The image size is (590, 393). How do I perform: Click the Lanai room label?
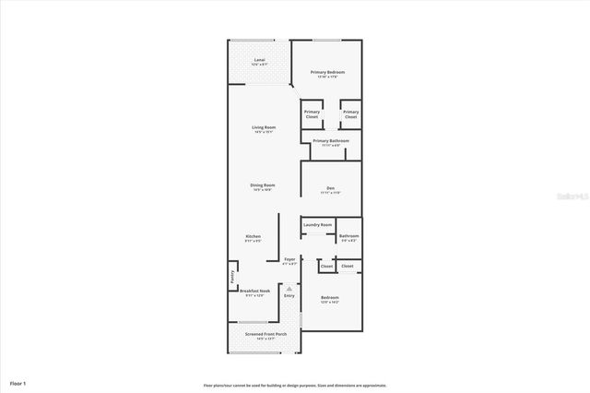click(260, 59)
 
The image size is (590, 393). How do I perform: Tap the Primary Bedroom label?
click(326, 72)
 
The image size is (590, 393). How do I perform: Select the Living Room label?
click(265, 127)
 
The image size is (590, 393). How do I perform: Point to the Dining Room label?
click(263, 185)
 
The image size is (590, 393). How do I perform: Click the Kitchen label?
click(254, 236)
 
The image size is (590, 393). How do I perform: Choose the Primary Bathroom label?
click(331, 141)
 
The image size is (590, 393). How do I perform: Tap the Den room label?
click(330, 188)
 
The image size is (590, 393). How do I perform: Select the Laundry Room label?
click(317, 224)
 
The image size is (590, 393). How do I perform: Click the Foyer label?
click(289, 259)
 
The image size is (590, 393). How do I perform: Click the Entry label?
click(289, 295)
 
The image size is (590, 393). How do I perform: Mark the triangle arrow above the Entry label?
click(289, 287)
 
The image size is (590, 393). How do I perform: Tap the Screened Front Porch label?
click(265, 333)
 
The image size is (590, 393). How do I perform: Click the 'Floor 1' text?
click(18, 382)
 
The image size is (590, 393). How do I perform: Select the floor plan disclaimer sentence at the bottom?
click(295, 385)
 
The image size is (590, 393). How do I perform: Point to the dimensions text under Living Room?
click(265, 132)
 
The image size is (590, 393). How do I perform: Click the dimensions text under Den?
click(330, 193)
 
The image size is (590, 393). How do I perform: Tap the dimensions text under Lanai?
click(260, 65)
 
